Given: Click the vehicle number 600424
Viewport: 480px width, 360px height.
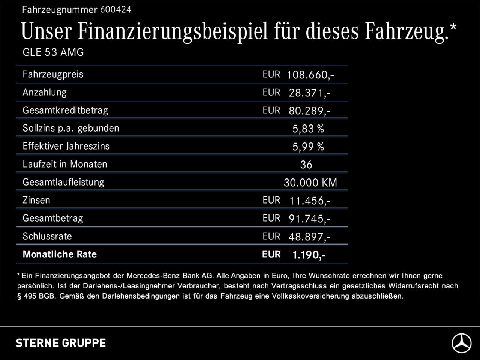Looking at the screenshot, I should (x=115, y=10).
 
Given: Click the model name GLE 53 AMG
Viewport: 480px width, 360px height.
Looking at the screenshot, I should (x=53, y=52).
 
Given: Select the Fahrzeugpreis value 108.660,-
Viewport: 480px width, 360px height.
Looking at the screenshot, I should (x=310, y=75).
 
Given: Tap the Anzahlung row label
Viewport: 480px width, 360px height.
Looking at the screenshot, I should (x=45, y=92).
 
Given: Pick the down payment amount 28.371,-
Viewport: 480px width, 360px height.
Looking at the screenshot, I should (x=309, y=93).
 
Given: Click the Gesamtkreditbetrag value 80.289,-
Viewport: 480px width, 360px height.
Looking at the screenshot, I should (x=309, y=111).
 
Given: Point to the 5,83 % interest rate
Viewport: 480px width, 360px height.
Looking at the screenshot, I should (x=308, y=129).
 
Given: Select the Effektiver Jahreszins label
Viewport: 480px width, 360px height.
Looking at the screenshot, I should (x=66, y=146).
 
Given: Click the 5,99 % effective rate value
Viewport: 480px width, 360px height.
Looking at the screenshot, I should (x=308, y=147).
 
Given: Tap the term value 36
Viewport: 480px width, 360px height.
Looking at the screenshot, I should (x=306, y=165).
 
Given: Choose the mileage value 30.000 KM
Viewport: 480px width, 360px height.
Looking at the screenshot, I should (x=310, y=183).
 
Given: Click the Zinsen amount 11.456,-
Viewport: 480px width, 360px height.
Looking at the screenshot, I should (x=310, y=201).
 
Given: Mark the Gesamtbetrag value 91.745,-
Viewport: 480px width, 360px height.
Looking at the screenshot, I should (x=309, y=219).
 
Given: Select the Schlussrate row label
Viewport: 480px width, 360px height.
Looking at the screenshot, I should (x=47, y=236).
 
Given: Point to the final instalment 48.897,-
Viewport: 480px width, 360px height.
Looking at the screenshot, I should (x=309, y=237).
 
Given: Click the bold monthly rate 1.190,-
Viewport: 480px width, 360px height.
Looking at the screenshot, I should (x=309, y=255).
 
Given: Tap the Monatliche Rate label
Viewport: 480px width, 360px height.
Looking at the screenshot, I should (x=60, y=254).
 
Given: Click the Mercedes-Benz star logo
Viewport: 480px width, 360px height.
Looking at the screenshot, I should (x=461, y=343).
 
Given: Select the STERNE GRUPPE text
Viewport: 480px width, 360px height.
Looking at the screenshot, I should (x=61, y=343).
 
